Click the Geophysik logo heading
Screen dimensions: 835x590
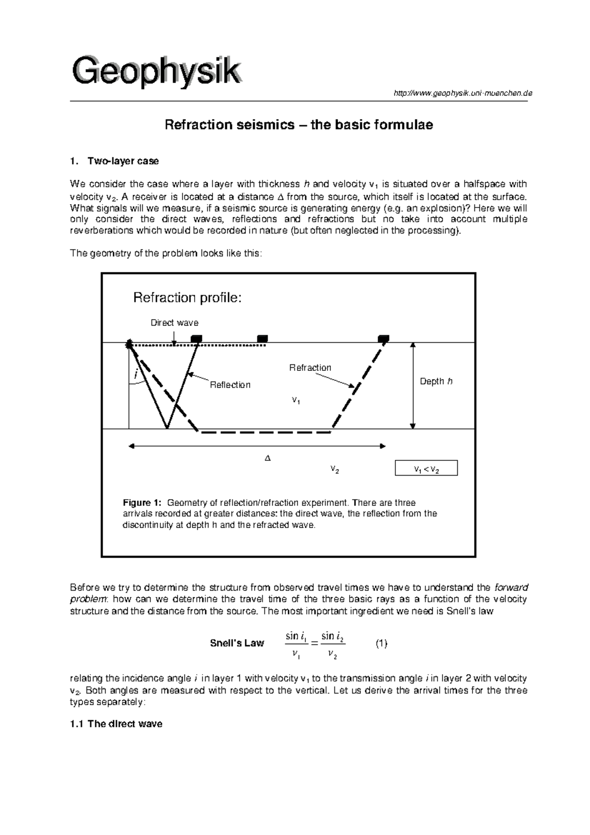click(157, 72)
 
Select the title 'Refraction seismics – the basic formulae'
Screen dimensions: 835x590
click(298, 125)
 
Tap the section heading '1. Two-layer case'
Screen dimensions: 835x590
click(115, 161)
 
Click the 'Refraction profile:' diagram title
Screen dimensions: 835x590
click(187, 298)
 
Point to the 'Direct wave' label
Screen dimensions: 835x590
click(174, 323)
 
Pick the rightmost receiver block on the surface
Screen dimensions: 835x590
click(383, 338)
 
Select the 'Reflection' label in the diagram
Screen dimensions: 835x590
click(230, 385)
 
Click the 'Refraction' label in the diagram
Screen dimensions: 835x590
click(310, 368)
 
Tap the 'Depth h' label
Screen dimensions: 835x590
click(436, 382)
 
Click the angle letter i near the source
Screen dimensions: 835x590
click(136, 375)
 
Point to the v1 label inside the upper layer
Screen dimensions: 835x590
click(295, 401)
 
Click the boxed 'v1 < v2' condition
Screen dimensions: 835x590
click(426, 468)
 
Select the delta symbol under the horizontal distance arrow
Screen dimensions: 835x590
click(267, 458)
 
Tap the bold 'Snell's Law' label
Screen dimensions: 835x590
click(237, 643)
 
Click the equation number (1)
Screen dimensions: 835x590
click(381, 643)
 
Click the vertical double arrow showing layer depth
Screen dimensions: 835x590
click(413, 386)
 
